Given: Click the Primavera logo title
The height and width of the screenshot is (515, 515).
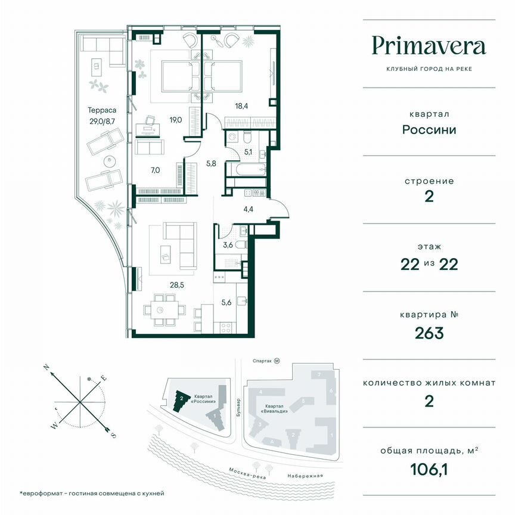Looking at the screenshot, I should (429, 45).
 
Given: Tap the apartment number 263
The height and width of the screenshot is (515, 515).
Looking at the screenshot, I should (429, 333).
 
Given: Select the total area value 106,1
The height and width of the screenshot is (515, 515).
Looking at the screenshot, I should (429, 470).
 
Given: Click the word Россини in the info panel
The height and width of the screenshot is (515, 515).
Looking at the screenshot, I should (429, 129).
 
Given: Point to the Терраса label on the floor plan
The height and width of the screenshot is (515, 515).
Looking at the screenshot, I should (101, 110).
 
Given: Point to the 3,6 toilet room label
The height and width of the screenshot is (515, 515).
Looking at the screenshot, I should (228, 244).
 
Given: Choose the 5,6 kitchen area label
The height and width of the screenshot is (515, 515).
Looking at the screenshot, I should (226, 302).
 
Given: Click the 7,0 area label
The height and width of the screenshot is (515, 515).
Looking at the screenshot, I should (155, 170).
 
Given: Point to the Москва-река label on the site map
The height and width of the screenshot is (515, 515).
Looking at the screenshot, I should (246, 471).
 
